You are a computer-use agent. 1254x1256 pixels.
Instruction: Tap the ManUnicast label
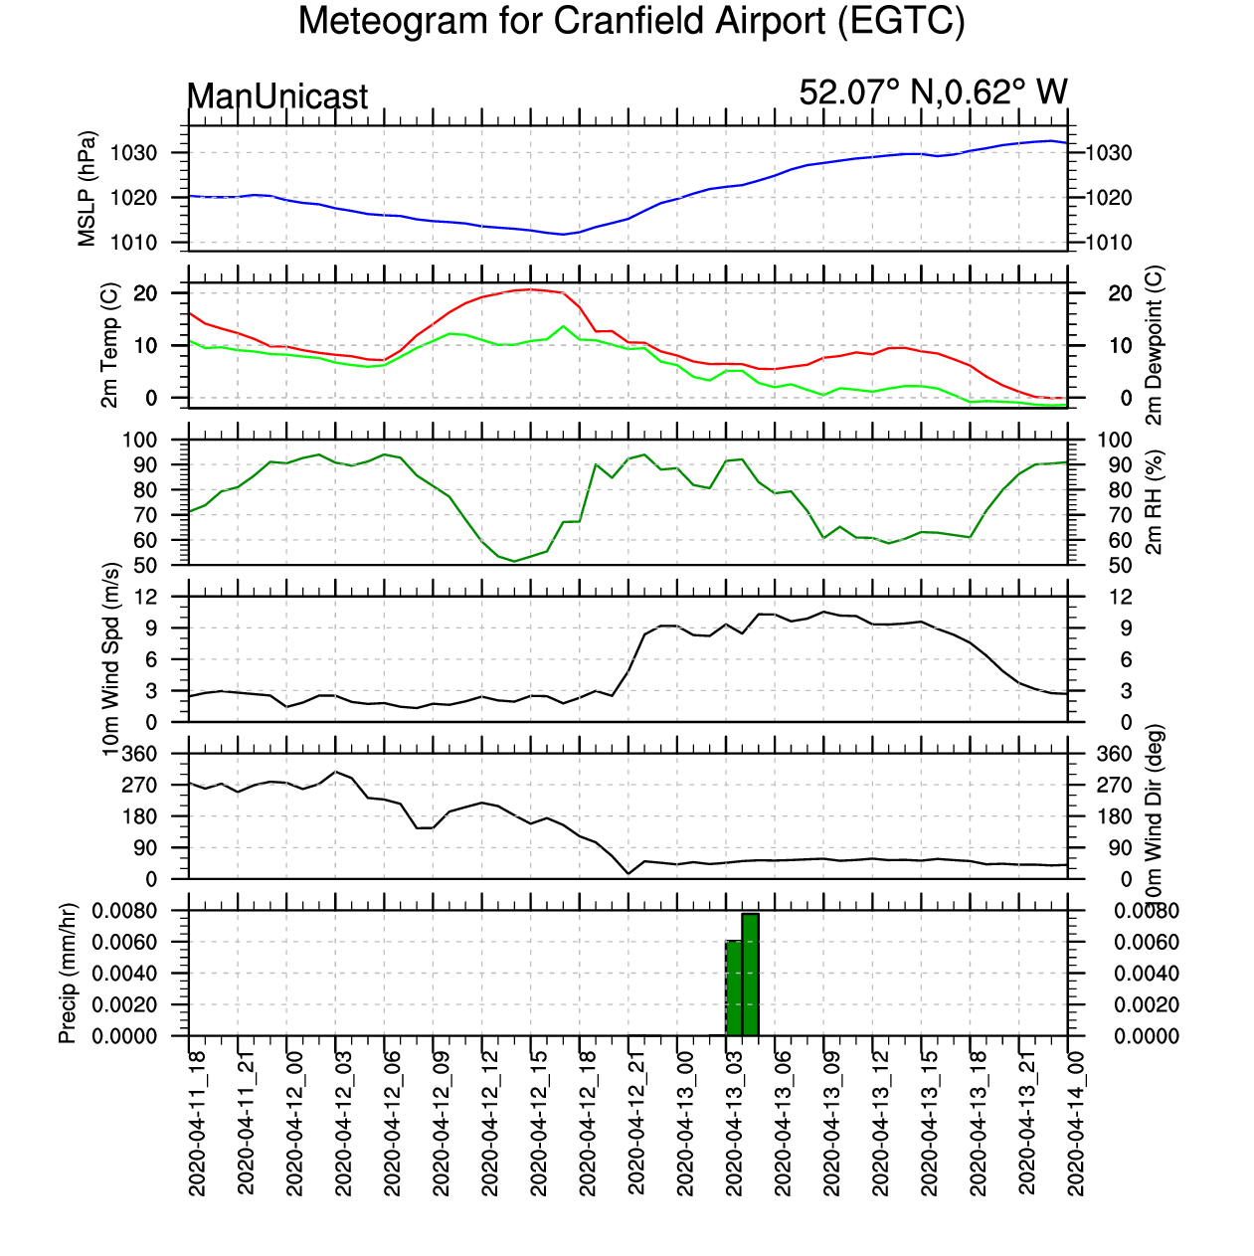[277, 96]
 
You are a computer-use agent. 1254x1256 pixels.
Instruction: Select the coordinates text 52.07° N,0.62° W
[933, 91]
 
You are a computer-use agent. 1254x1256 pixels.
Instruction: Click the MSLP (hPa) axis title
[87, 189]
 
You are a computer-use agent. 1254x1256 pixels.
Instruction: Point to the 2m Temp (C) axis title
[109, 345]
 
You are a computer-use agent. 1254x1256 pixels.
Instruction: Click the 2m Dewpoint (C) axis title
[1154, 345]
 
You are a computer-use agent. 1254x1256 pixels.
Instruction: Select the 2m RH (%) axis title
[1154, 502]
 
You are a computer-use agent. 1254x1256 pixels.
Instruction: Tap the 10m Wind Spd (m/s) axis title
[110, 659]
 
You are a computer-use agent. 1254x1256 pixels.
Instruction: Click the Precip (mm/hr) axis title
[68, 974]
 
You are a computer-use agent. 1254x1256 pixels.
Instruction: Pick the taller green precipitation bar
[750, 975]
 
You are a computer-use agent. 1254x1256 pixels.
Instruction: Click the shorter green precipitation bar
[734, 988]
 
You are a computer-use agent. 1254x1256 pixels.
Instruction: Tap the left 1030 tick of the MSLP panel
[133, 154]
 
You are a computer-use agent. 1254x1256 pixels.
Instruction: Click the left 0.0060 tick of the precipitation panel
[124, 942]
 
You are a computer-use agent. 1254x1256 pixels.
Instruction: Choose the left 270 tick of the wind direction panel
[139, 785]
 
